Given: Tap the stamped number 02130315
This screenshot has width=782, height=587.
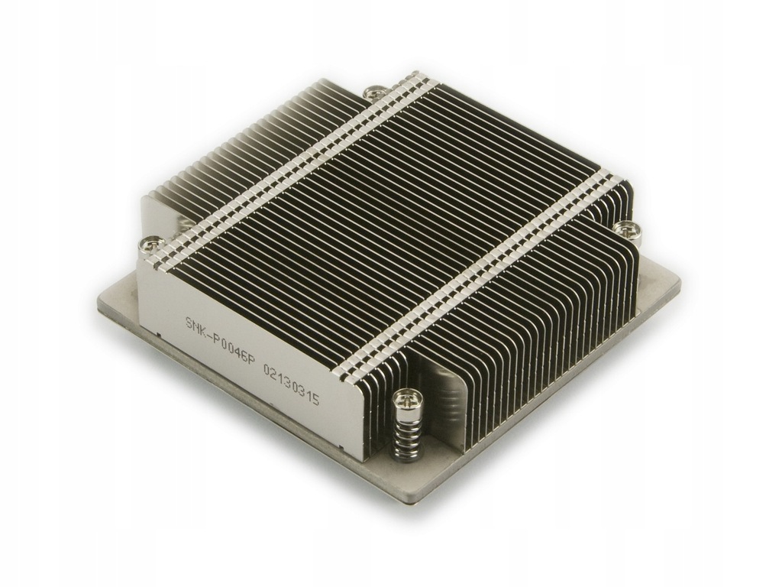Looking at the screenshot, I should tap(291, 381).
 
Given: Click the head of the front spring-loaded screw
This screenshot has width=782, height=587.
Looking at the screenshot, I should tap(404, 399).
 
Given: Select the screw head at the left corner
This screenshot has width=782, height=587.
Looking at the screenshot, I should tap(151, 245).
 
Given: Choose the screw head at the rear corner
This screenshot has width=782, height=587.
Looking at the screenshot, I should tap(373, 93).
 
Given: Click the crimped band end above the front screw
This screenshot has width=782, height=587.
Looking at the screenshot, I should tap(347, 369).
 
